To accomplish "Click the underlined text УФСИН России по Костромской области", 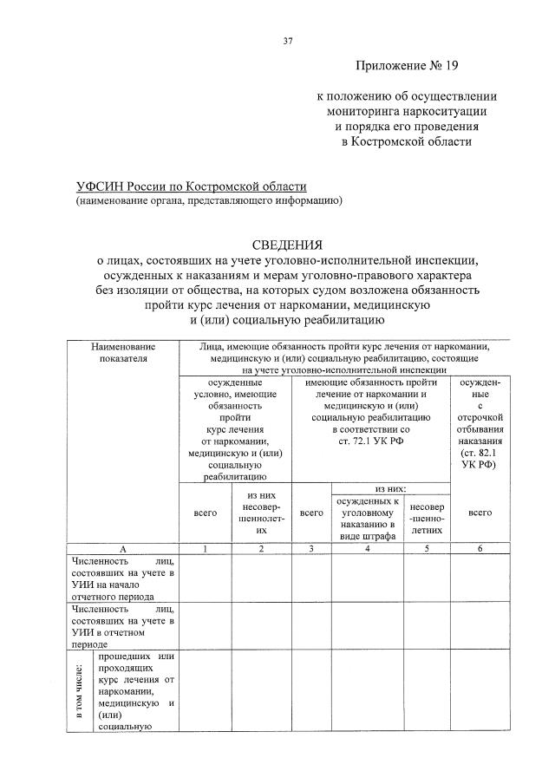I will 191,187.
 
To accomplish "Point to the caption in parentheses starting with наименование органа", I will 208,202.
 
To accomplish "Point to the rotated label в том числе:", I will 78,691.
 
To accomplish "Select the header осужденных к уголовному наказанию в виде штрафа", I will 368,518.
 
